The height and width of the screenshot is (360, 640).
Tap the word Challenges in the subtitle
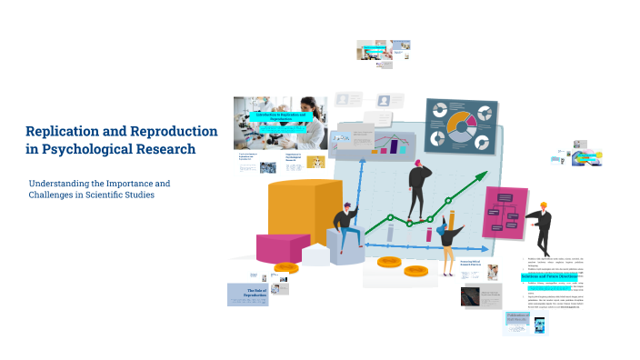(x=53, y=195)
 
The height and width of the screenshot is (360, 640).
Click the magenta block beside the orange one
(x=284, y=245)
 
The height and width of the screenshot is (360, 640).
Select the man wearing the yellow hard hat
(x=541, y=227)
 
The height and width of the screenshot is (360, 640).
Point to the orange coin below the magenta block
(x=285, y=268)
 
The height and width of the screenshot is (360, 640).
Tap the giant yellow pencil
(x=451, y=223)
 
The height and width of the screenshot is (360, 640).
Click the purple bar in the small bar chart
(x=396, y=145)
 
